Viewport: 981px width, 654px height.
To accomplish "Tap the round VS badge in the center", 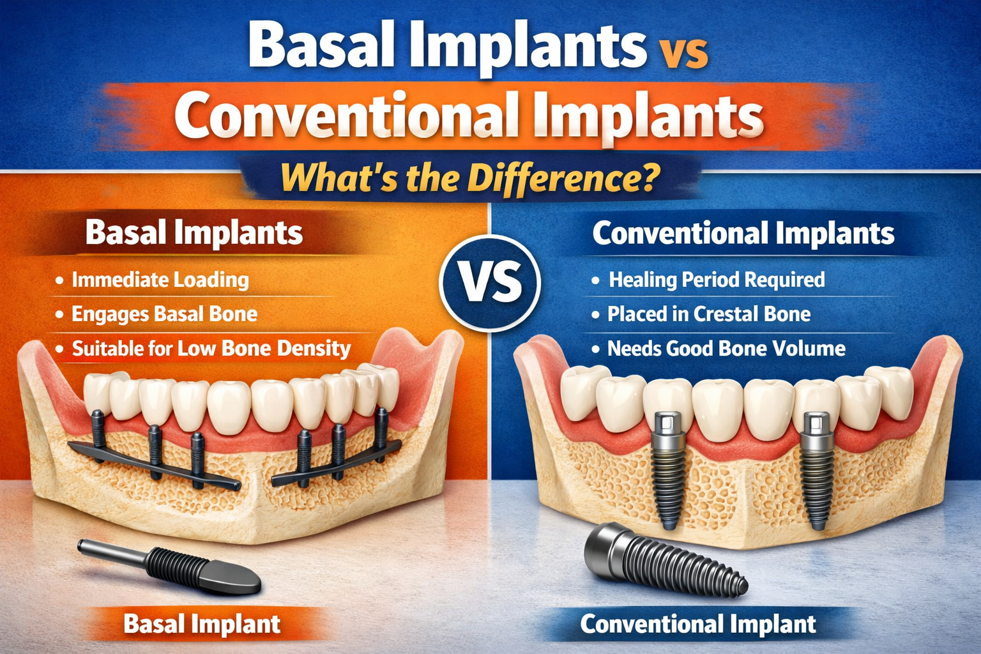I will coord(490,282).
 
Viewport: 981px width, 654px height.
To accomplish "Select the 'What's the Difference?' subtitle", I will coord(470,178).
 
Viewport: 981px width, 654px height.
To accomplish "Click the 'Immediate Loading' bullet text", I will coord(160,280).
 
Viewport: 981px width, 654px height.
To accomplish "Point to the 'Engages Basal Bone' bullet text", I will coord(164,314).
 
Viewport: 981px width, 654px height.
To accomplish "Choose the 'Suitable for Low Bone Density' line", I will coord(211,349).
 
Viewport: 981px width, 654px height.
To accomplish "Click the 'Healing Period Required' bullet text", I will coord(717,280).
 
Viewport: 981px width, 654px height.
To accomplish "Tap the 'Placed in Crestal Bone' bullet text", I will coord(708,314).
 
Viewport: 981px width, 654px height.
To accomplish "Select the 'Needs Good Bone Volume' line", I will coord(726,349).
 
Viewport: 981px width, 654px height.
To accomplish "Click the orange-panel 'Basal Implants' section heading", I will coord(194,232).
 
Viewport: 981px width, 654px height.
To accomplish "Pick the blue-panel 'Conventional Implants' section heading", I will coord(743,233).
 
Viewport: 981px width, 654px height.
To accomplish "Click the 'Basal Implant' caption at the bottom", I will coord(202,624).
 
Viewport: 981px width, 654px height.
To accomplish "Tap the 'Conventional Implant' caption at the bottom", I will coord(698,624).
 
